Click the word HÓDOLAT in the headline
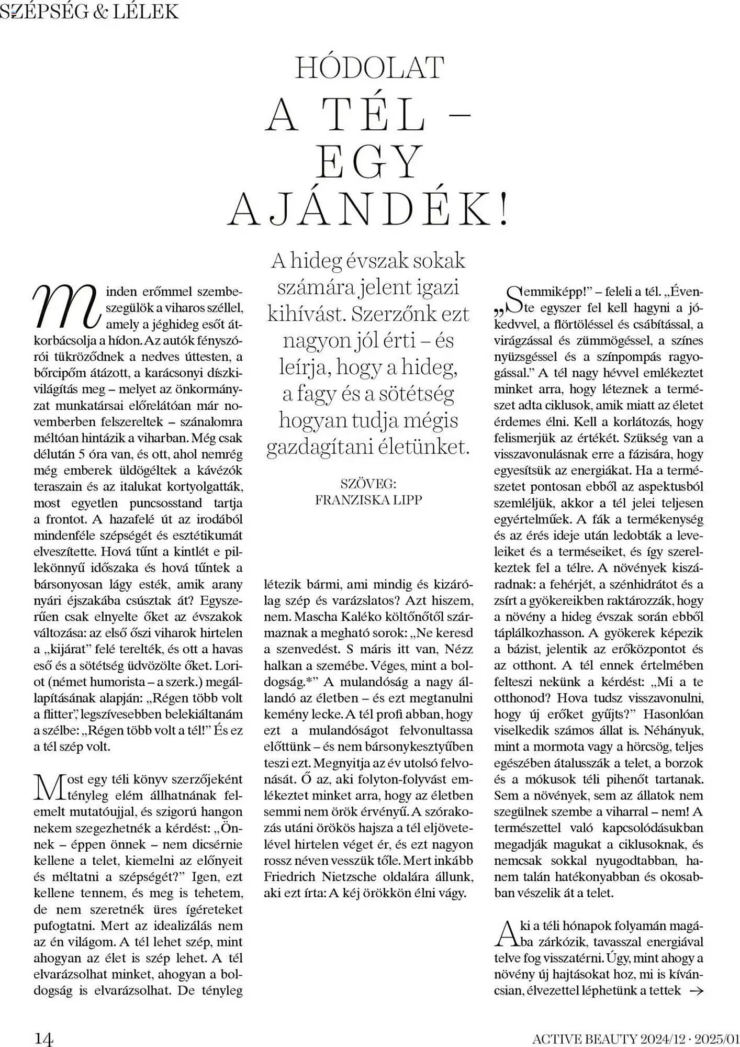click(x=369, y=68)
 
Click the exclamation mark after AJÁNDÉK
click(x=504, y=209)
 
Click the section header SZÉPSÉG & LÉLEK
click(x=89, y=11)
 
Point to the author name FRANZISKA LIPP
click(x=368, y=499)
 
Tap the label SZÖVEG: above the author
click(x=368, y=483)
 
